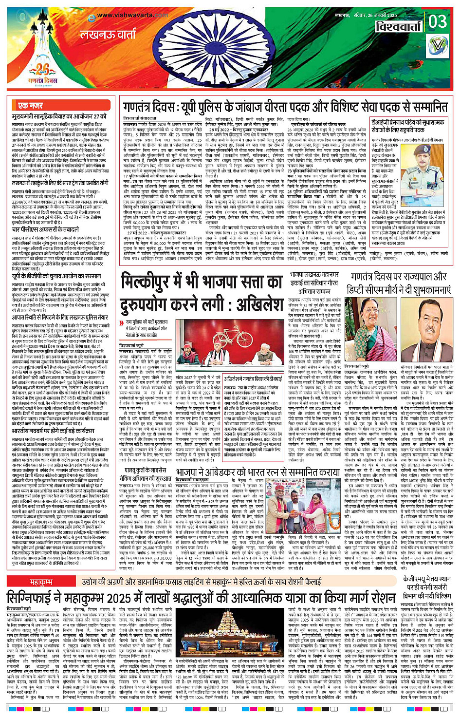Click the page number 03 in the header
[x=438, y=22]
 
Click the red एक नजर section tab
[x=30, y=105]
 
